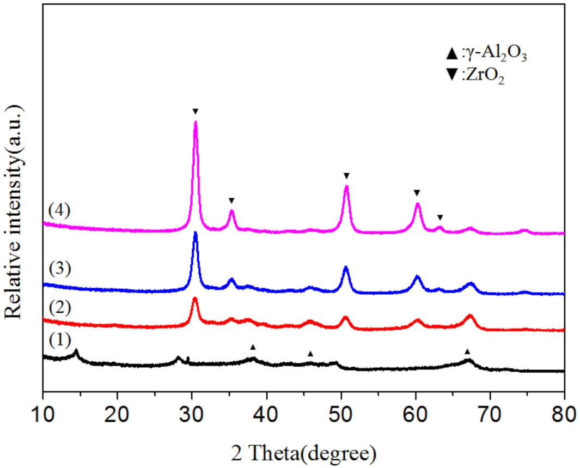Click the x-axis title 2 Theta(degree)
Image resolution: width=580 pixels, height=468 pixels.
[303, 452]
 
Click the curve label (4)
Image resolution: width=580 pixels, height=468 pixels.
[59, 210]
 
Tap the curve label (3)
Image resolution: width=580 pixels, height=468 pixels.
[59, 269]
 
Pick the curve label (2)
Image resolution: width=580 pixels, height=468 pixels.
[59, 308]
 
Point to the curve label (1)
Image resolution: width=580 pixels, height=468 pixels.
[59, 342]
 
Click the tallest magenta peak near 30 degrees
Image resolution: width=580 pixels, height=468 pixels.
[196, 122]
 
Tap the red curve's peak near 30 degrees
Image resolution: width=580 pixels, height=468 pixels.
[195, 299]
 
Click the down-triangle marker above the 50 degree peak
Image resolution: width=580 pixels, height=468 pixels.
[346, 176]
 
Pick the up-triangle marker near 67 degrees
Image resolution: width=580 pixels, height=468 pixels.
[467, 351]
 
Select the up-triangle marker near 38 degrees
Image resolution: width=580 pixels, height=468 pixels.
[253, 347]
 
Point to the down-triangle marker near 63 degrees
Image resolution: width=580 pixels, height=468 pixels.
[440, 217]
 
